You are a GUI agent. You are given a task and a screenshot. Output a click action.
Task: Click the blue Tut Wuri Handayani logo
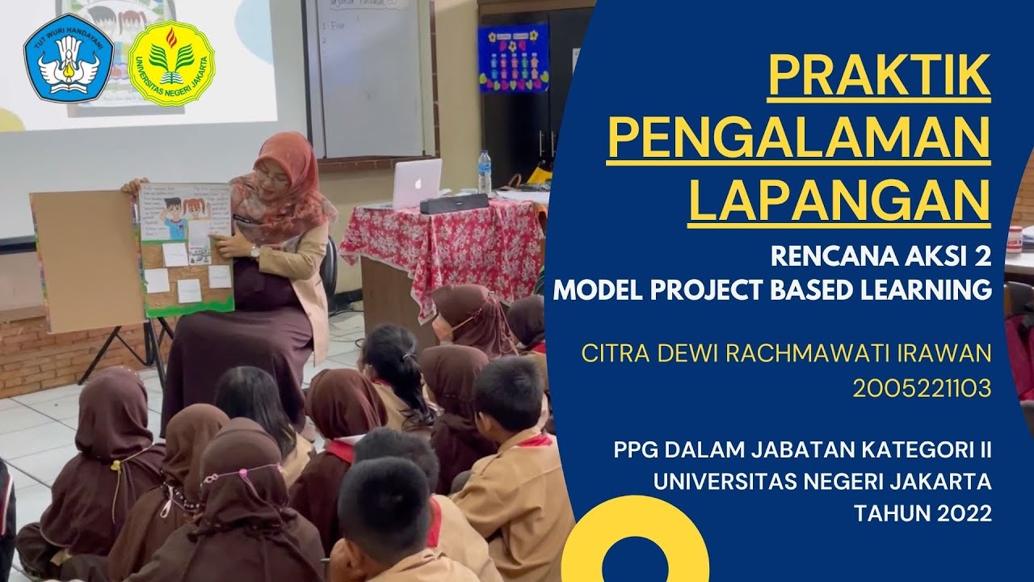tap(68, 57)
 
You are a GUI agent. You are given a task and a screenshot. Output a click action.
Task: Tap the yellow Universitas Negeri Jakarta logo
tap(170, 62)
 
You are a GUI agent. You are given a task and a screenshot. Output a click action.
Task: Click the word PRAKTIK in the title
tap(879, 76)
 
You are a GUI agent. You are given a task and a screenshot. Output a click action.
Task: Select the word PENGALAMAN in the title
tap(798, 138)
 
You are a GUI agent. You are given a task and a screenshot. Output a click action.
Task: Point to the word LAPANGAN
tap(839, 200)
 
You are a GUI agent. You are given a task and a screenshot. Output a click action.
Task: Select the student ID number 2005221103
tap(922, 390)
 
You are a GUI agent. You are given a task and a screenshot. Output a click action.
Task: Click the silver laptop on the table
tap(417, 183)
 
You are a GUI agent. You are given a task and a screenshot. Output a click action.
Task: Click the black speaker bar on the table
tap(453, 203)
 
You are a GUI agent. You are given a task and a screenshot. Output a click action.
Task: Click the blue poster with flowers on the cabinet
tap(512, 57)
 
